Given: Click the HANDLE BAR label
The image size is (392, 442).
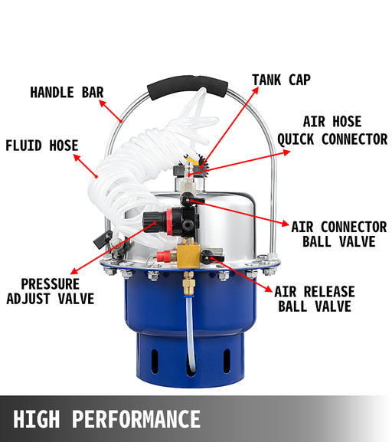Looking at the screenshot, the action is pyautogui.click(x=67, y=93).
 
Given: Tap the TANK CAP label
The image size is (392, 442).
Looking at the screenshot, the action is pyautogui.click(x=281, y=80).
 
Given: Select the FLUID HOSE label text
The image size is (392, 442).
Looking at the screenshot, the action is pyautogui.click(x=42, y=146).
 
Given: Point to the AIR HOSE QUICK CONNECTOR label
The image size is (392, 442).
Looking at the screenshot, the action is pyautogui.click(x=332, y=130).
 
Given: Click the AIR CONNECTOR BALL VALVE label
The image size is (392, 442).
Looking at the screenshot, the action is pyautogui.click(x=339, y=234).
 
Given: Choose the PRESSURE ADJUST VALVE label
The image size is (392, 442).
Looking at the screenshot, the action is pyautogui.click(x=51, y=291).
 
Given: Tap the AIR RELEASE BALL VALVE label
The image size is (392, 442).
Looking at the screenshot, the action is pyautogui.click(x=315, y=299).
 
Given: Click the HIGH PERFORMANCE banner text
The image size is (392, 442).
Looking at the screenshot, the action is pyautogui.click(x=107, y=420).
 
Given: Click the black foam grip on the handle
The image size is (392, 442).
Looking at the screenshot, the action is pyautogui.click(x=188, y=87).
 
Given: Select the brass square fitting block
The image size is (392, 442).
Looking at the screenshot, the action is pyautogui.click(x=188, y=256).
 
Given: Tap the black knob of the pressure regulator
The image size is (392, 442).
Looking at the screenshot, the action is pyautogui.click(x=154, y=222).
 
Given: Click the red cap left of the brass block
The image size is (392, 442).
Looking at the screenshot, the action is pyautogui.click(x=163, y=256).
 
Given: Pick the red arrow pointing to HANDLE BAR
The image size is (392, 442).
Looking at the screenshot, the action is pyautogui.click(x=111, y=111).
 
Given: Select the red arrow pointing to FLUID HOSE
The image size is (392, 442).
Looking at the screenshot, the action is pyautogui.click(x=86, y=165).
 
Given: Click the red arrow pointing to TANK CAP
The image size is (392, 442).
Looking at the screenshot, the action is pyautogui.click(x=230, y=127).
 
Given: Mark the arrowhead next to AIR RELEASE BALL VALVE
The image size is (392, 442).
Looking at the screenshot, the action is pyautogui.click(x=269, y=290).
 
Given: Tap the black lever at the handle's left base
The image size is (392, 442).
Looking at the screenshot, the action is pyautogui.click(x=103, y=239).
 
